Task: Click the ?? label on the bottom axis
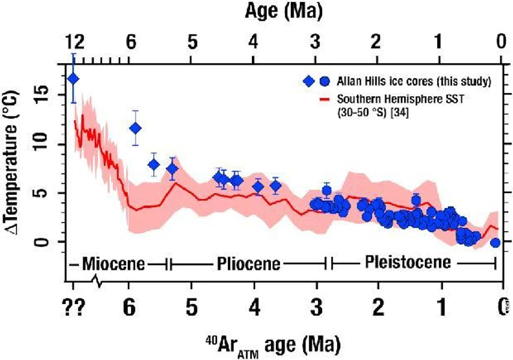pos(74,305)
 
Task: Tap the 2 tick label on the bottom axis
pos(378,305)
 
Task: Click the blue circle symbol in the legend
pos(322,82)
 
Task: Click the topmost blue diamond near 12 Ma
pos(73,79)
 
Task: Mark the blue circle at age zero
pos(495,242)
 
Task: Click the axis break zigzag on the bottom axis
pos(98,281)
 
